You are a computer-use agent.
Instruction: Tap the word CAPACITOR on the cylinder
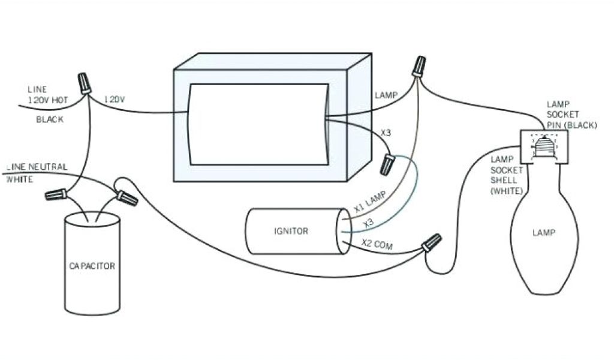tap(92, 265)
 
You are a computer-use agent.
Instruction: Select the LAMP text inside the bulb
tap(544, 232)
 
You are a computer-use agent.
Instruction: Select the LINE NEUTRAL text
tap(37, 167)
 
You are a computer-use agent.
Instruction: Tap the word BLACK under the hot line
tap(50, 119)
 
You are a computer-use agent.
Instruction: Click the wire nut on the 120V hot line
tap(85, 83)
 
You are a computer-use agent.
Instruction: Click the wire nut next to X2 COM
tap(431, 243)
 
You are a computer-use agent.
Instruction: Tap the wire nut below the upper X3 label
tap(389, 163)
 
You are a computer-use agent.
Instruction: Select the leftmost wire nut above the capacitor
tap(55, 194)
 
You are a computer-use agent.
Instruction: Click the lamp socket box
tap(543, 146)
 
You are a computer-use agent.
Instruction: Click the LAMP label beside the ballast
tap(386, 95)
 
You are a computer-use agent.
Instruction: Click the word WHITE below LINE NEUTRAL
tap(20, 179)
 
